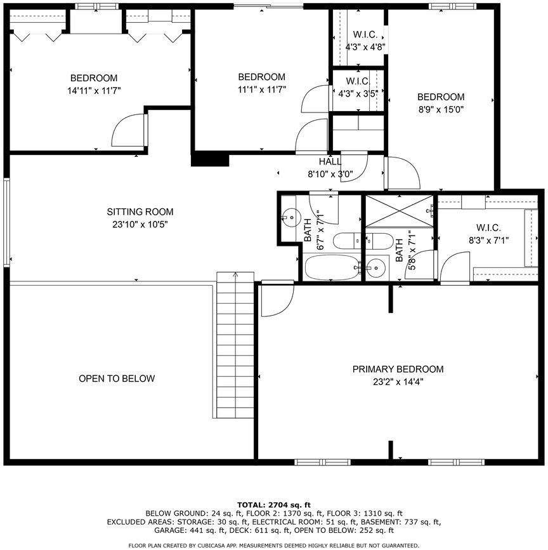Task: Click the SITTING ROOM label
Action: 140,212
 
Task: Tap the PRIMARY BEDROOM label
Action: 398,369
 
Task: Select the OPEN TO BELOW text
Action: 117,379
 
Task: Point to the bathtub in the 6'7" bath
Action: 332,267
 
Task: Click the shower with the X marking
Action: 400,211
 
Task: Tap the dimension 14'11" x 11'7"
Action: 94,91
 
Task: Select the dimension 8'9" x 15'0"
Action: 441,109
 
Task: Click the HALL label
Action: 330,162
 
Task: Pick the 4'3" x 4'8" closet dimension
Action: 365,47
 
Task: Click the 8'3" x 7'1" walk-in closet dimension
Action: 488,240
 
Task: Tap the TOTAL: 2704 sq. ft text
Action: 274,505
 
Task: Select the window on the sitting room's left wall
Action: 6,222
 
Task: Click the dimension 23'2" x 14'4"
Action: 398,382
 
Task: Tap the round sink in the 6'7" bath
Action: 292,217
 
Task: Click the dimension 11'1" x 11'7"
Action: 262,90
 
